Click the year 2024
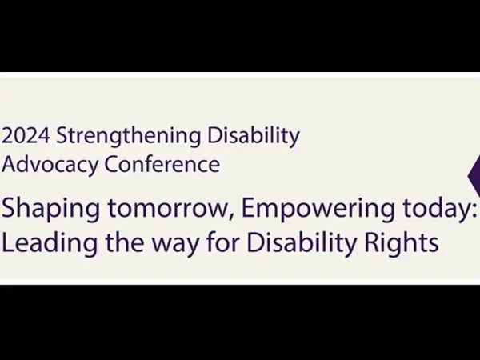click(26, 135)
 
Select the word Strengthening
click(129, 137)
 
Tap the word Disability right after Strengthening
click(254, 137)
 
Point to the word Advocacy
click(50, 166)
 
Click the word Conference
click(162, 164)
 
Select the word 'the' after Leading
click(125, 242)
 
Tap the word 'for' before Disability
click(222, 242)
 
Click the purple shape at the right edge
click(475, 176)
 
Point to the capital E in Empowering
click(248, 208)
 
